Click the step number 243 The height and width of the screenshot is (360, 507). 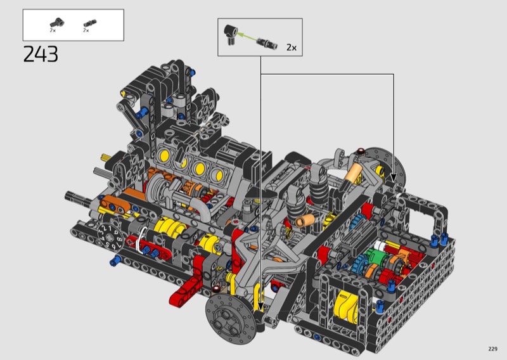(x=41, y=54)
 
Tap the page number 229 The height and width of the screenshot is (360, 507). (x=492, y=349)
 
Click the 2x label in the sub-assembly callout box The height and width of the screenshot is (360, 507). (x=292, y=48)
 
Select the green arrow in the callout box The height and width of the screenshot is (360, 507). (x=247, y=37)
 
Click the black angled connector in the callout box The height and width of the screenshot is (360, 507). (x=231, y=35)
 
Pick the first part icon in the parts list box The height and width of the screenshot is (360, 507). (x=57, y=23)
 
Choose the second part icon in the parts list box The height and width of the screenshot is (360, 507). (x=89, y=23)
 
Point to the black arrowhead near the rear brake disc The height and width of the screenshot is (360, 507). (x=393, y=177)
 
